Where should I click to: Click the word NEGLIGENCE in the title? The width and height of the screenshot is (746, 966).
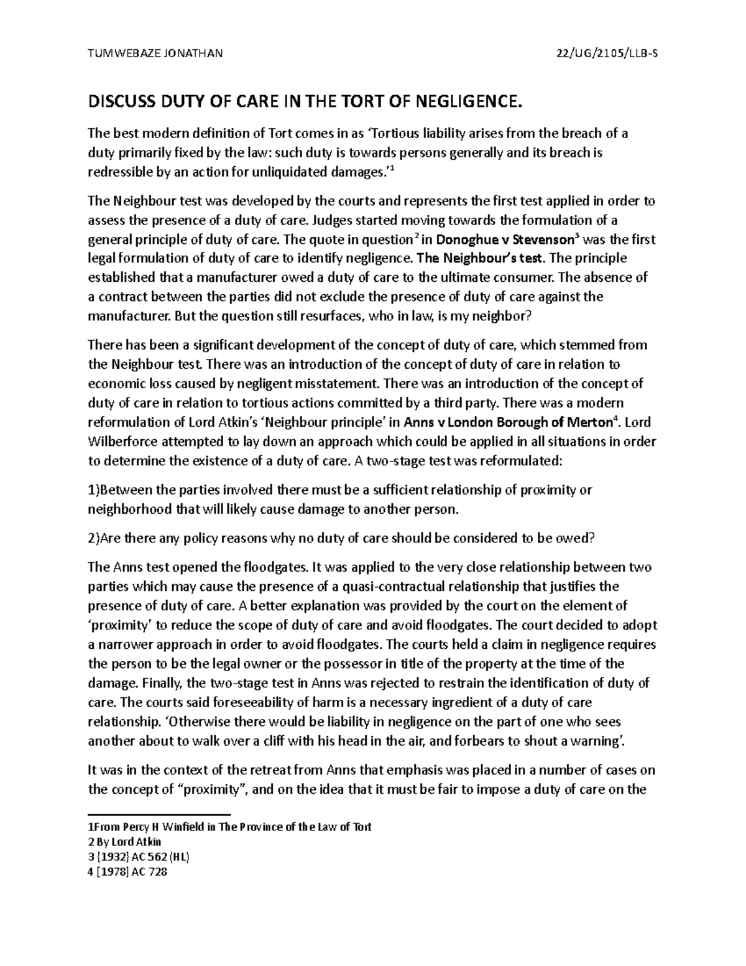click(459, 101)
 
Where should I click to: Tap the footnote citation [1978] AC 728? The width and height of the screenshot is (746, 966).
click(133, 871)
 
